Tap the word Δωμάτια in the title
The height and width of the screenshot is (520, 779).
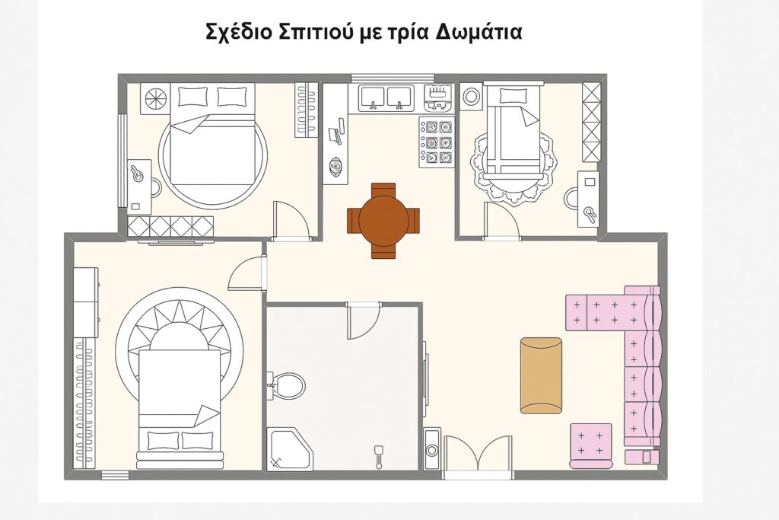coord(472,33)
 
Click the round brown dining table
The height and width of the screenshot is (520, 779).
coord(383,219)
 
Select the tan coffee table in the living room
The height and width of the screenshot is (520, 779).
coord(541,375)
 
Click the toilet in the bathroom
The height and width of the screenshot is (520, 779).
coord(286,384)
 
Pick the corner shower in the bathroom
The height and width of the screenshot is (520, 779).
coord(289,448)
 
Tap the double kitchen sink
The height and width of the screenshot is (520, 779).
coord(385,97)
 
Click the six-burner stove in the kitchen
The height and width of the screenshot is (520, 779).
coord(437,141)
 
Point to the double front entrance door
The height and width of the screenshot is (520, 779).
coord(479,455)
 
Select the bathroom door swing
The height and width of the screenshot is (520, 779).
coord(363,321)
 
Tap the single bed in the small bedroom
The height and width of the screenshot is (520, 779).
coord(515,137)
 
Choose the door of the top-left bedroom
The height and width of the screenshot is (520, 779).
coord(291,221)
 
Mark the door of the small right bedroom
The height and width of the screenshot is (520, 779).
coord(501,222)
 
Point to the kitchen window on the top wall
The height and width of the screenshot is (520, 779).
coord(393,76)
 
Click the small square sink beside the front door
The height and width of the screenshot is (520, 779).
coord(433,448)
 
